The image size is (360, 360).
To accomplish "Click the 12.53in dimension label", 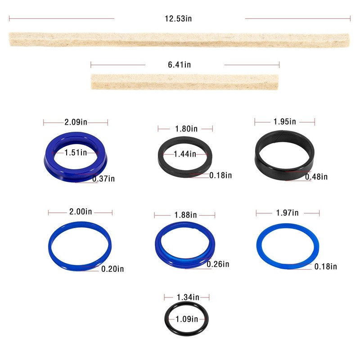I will [x=180, y=19].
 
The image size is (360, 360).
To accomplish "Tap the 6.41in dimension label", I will [x=179, y=65].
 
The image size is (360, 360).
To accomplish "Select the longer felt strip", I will [x=179, y=40].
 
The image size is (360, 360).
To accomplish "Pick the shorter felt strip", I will [x=184, y=81].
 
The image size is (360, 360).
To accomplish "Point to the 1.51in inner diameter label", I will [x=76, y=153].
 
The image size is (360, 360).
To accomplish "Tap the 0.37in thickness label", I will [x=103, y=179].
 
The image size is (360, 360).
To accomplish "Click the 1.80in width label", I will [x=186, y=129].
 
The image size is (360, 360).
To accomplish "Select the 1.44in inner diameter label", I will [x=185, y=154].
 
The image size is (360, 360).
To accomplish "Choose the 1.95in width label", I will [x=285, y=121].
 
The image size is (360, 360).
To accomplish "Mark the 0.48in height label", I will [x=316, y=177].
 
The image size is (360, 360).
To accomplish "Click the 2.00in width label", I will [x=81, y=212].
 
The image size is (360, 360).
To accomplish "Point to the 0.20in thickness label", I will [x=112, y=269].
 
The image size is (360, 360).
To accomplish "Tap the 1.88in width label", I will [x=185, y=214].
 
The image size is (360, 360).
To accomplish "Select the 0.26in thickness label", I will [x=218, y=264].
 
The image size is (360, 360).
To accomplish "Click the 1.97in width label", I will [x=288, y=212].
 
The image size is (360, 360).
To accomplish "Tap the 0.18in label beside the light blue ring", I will [x=325, y=266].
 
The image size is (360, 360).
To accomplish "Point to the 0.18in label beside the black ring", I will [x=220, y=175].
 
